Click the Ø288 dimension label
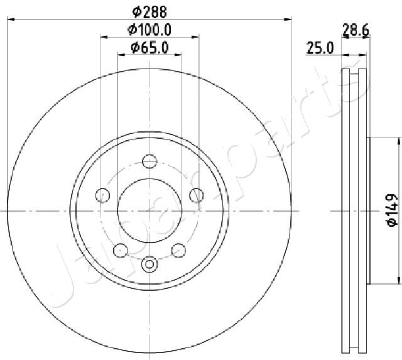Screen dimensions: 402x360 coord(149,12)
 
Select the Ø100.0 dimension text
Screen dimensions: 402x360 coord(149,30)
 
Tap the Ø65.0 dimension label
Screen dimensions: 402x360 coord(149,48)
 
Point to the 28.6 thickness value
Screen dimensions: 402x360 coord(356,30)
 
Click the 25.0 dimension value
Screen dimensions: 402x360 coord(320,48)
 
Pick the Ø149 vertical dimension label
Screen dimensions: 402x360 coord(392,210)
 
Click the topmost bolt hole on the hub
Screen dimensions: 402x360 coord(149,161)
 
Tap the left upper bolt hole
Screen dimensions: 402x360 coord(102,195)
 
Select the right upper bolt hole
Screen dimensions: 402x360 coord(197,195)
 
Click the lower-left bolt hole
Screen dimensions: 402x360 coord(120,251)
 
